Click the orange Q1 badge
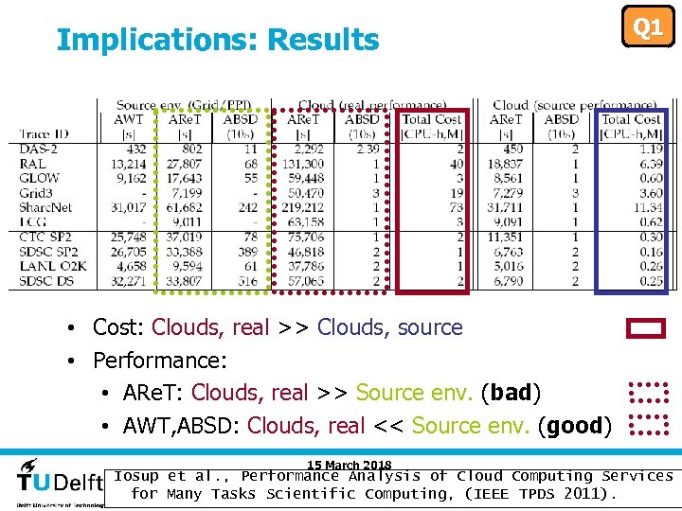point(647,27)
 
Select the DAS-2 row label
point(39,149)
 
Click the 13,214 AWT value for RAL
point(128,164)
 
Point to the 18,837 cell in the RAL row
point(506,164)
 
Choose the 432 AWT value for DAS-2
point(135,149)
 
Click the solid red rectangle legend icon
point(646,328)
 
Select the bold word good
point(574,426)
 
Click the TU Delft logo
point(59,482)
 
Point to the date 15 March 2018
point(349,465)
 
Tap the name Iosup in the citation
point(137,476)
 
